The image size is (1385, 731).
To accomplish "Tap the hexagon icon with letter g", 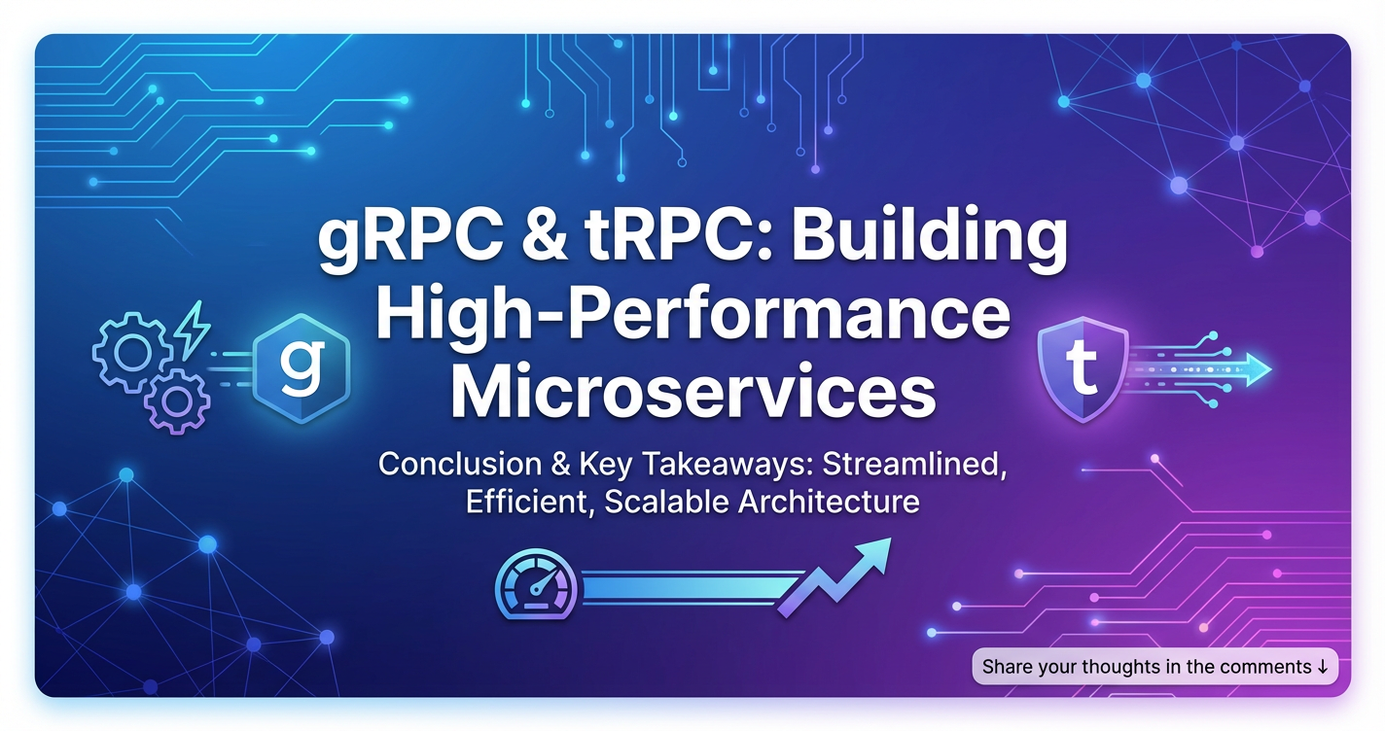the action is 302,368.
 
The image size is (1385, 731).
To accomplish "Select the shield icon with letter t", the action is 1083,368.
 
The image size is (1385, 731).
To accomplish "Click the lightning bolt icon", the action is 193,330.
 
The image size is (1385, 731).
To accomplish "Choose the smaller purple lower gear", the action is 177,401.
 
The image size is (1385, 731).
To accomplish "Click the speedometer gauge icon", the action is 536,584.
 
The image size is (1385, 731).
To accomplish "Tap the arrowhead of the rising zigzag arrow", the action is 873,554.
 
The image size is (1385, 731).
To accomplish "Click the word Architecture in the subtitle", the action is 829,502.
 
